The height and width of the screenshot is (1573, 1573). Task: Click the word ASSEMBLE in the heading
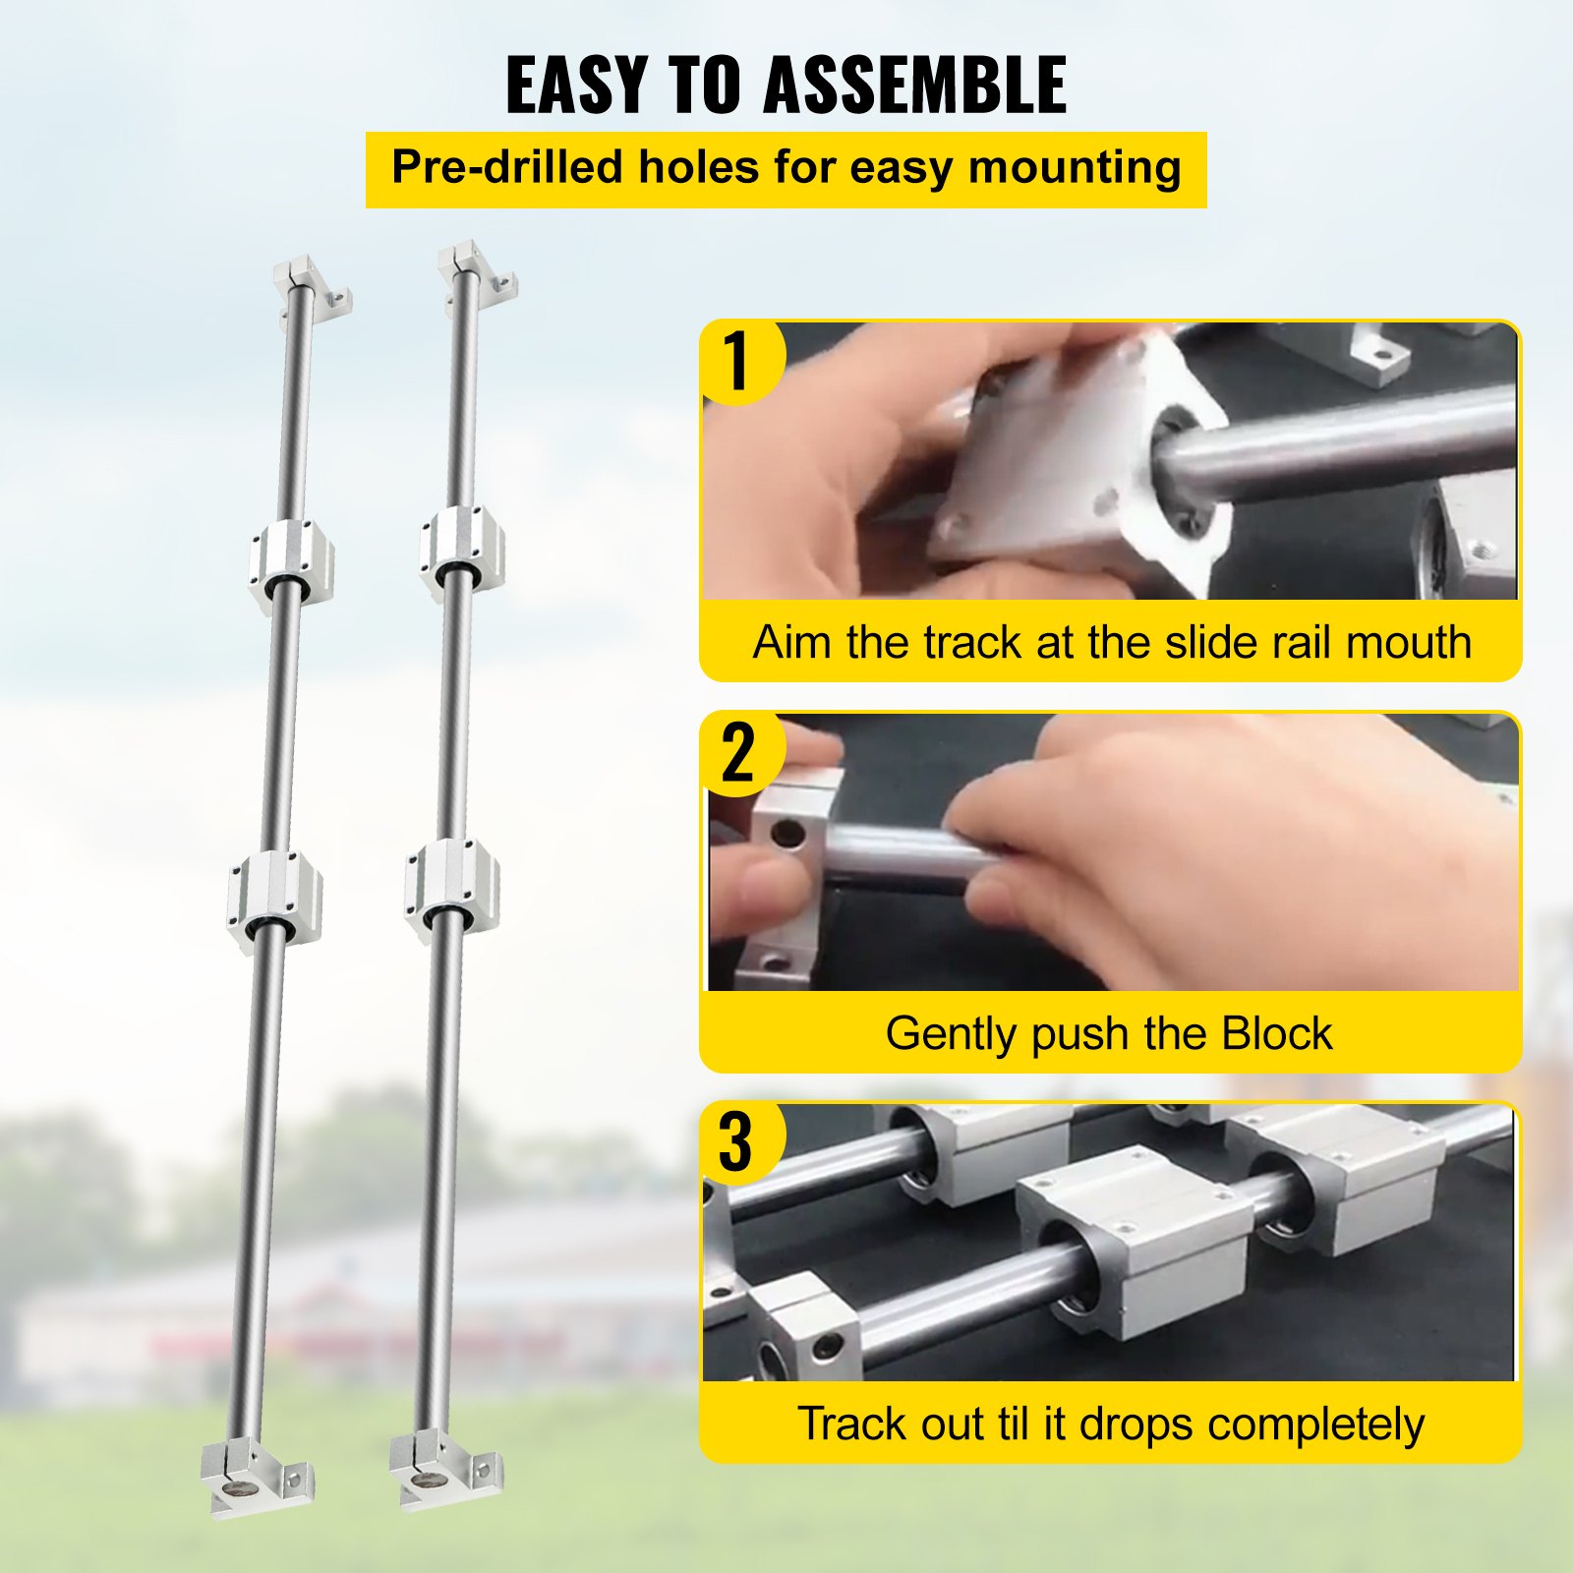click(x=915, y=85)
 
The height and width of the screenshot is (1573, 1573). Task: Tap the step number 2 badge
click(x=739, y=753)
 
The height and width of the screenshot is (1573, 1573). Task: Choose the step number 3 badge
click(x=739, y=1142)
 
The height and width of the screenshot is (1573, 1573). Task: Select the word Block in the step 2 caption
click(x=1276, y=1033)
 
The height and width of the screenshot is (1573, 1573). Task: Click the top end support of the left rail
click(x=311, y=287)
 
